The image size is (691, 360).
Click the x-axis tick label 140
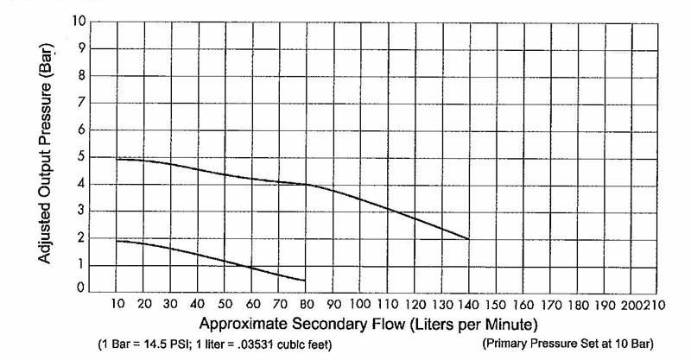point(468,304)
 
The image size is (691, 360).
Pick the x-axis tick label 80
point(305,304)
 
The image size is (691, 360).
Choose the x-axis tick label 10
point(118,304)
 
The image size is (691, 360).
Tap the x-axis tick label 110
point(388,304)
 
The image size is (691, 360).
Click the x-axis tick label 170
point(549,304)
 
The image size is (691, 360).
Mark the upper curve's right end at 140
point(468,238)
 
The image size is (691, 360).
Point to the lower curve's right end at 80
point(305,280)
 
